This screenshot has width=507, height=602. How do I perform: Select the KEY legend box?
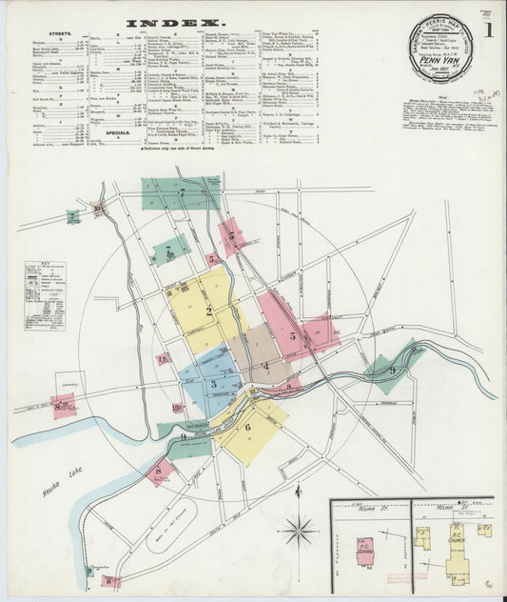point(45,295)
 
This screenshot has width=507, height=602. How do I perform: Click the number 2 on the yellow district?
point(208,311)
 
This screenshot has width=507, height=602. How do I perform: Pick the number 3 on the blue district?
point(214,384)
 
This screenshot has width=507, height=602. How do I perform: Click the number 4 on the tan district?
point(265,365)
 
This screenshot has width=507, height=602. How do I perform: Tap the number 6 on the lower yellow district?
point(247,428)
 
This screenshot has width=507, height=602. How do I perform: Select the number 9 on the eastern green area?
point(391,371)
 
